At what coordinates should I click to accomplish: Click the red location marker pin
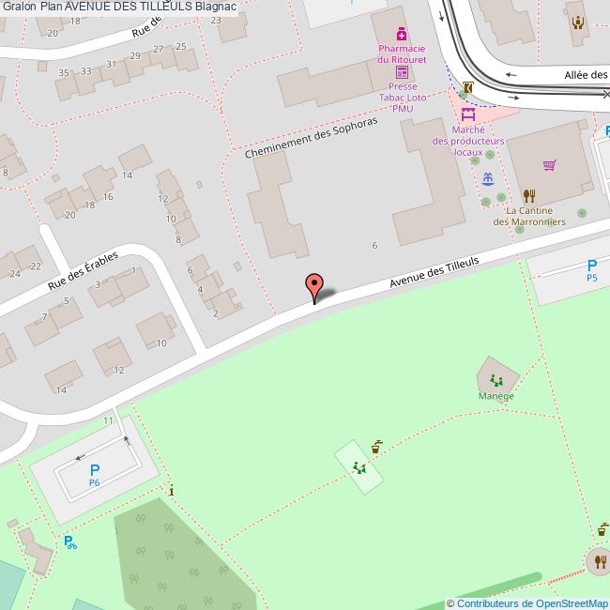click(x=315, y=285)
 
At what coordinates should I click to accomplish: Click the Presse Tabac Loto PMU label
click(x=403, y=96)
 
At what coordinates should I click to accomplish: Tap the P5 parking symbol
click(x=592, y=270)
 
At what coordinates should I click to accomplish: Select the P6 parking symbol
click(x=94, y=475)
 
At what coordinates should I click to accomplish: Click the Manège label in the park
click(x=496, y=396)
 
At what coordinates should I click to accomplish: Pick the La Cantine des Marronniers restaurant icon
click(x=529, y=196)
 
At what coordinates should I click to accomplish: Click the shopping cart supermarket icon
click(x=550, y=166)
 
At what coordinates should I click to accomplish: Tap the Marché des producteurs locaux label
click(x=468, y=141)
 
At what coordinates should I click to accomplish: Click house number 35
click(x=64, y=72)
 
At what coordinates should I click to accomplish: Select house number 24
click(x=15, y=274)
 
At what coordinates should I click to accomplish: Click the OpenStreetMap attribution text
click(x=527, y=603)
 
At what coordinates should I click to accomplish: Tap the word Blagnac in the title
click(x=215, y=7)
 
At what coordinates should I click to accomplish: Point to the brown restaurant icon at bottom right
click(x=599, y=561)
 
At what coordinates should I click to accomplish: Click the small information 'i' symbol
click(x=171, y=489)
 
